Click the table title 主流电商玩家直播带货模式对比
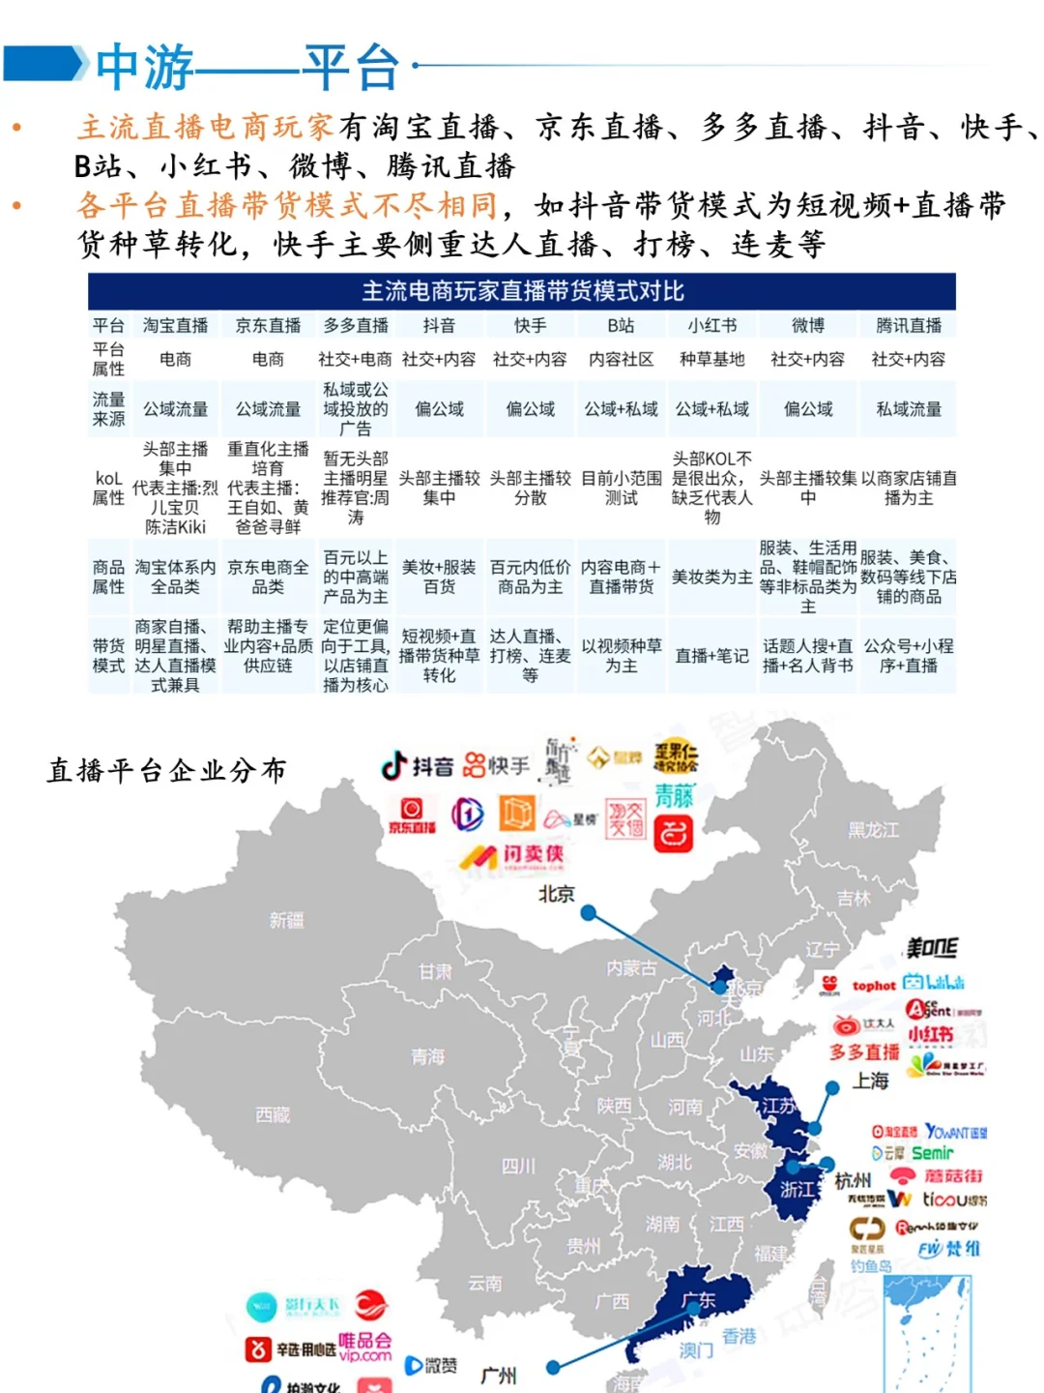(522, 291)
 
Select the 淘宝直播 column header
(175, 326)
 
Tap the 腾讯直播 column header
(908, 326)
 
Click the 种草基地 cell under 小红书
(711, 360)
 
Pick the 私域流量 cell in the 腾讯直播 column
(908, 409)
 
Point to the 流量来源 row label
(108, 409)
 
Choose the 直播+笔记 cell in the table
(711, 656)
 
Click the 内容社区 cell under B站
(621, 360)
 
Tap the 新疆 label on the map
(286, 920)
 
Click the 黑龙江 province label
(873, 830)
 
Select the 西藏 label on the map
(273, 1114)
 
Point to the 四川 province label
(518, 1166)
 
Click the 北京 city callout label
(556, 894)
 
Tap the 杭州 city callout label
(853, 1181)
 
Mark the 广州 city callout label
(499, 1375)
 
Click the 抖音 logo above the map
(418, 767)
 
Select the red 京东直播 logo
(412, 815)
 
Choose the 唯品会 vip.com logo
(364, 1348)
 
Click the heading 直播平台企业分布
(166, 771)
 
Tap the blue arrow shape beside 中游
(45, 64)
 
